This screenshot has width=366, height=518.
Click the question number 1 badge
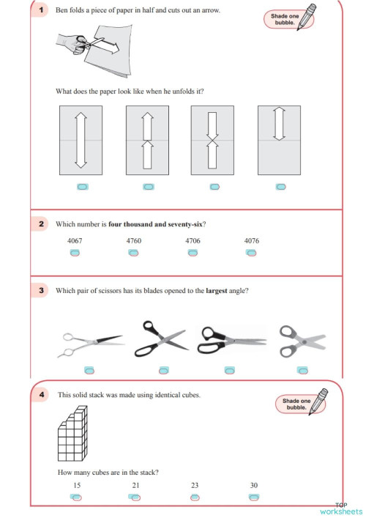click(42, 10)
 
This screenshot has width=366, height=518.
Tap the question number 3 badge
click(42, 291)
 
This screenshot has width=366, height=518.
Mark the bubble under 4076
click(251, 254)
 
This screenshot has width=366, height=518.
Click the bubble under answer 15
click(76, 497)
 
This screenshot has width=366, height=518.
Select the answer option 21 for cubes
click(135, 497)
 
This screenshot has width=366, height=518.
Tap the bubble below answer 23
click(195, 497)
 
